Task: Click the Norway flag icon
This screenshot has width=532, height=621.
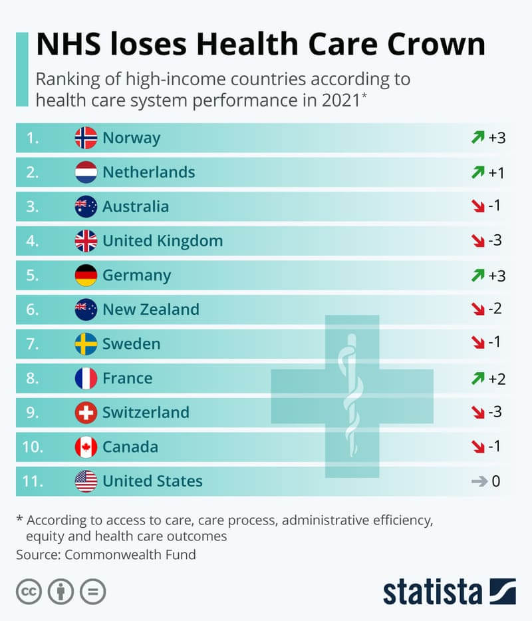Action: click(x=86, y=138)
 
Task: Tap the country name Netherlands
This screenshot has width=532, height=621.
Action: click(x=148, y=172)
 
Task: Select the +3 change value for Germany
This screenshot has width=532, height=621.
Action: click(x=497, y=276)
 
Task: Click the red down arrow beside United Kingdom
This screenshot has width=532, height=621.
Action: click(x=477, y=241)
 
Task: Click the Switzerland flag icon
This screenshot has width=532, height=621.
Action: click(x=86, y=413)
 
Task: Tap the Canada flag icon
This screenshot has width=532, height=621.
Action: click(x=86, y=447)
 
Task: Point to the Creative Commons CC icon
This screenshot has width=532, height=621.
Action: click(x=29, y=591)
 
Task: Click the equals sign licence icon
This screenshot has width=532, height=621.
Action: click(x=92, y=591)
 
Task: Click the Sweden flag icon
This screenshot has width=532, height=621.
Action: click(x=86, y=344)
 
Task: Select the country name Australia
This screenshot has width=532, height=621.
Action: click(x=135, y=206)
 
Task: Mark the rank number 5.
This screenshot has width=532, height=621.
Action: click(x=33, y=276)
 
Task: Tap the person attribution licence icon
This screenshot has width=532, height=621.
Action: click(x=61, y=591)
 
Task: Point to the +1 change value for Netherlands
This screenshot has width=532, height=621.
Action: click(x=497, y=172)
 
